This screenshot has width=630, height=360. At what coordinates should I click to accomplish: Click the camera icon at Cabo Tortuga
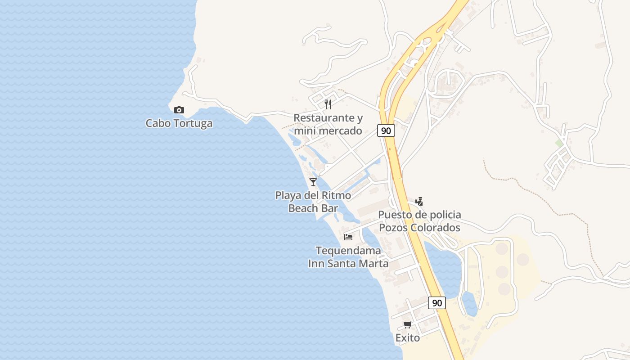click(179, 110)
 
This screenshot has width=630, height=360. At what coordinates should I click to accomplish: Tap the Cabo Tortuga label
click(179, 123)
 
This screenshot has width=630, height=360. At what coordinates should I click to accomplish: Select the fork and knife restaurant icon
click(328, 104)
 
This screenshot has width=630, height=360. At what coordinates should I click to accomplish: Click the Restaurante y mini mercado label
click(328, 124)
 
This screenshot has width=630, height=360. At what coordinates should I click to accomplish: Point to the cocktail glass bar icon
click(313, 182)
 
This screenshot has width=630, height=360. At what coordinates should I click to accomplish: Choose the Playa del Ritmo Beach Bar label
click(313, 202)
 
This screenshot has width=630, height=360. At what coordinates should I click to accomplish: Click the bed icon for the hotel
click(348, 237)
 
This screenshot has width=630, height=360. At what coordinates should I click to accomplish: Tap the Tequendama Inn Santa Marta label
click(348, 257)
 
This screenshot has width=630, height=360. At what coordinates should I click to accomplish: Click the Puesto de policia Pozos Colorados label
click(419, 221)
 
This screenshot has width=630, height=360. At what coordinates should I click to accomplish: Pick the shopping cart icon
click(408, 325)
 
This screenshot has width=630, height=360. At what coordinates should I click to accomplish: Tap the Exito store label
click(408, 337)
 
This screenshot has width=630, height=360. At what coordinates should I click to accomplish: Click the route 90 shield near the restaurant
click(386, 130)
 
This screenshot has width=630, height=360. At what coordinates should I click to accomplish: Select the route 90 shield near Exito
click(436, 303)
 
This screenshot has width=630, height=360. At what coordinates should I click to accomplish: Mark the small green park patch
click(559, 143)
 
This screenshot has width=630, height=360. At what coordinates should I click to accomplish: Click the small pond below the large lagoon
click(469, 304)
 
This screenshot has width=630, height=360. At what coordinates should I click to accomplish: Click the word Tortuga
click(193, 123)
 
